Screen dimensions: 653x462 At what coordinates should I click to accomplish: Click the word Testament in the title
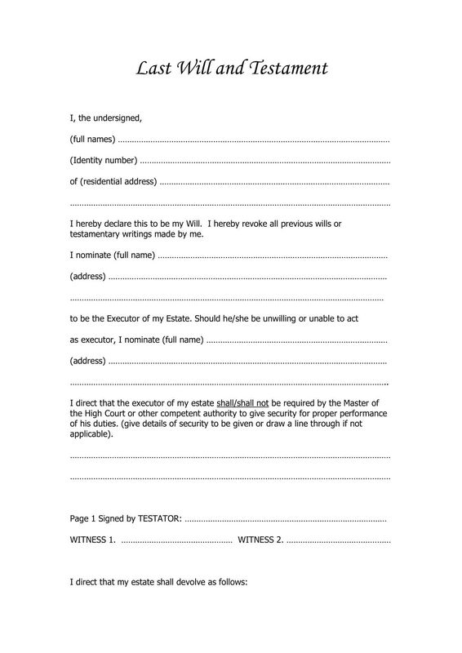coord(286,68)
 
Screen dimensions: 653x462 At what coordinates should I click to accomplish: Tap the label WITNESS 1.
coord(92,540)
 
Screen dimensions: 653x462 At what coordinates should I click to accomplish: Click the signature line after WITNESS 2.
coord(339,540)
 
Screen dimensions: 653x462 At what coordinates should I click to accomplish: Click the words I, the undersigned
coord(106,118)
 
